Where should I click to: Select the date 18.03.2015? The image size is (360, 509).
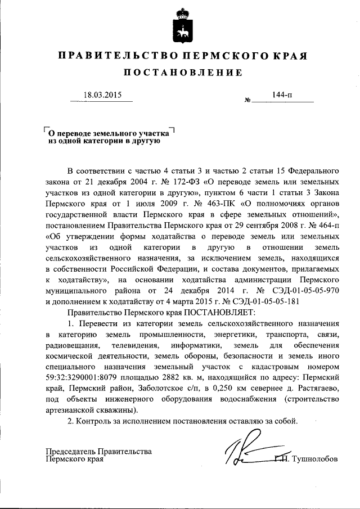(x=101, y=95)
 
